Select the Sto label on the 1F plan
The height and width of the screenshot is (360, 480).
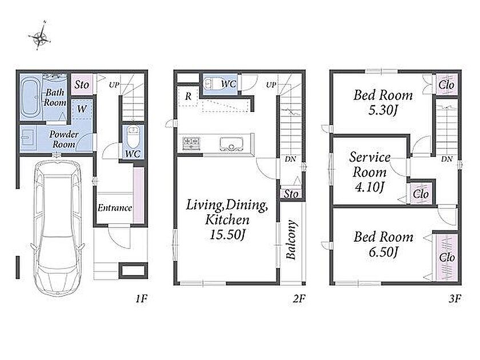[x=82, y=85]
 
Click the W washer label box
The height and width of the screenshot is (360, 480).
[x=82, y=109]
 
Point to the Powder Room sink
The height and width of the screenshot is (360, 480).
[x=28, y=138]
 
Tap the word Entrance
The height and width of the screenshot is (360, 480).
[x=115, y=208]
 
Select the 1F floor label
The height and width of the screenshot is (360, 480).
[x=142, y=298]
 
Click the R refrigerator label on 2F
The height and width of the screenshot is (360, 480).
[x=188, y=97]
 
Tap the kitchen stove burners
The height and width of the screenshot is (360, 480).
[x=191, y=143]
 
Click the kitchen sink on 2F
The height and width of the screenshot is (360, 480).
[x=231, y=144]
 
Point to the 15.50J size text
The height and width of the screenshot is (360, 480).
[x=227, y=235]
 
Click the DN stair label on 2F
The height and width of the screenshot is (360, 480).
[x=290, y=159]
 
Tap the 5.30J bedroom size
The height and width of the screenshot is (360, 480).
[x=383, y=110]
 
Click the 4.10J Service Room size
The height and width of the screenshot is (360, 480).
[x=370, y=187]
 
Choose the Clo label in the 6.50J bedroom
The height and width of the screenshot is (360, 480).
[x=447, y=258]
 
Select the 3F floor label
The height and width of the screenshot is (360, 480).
[x=455, y=298]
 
